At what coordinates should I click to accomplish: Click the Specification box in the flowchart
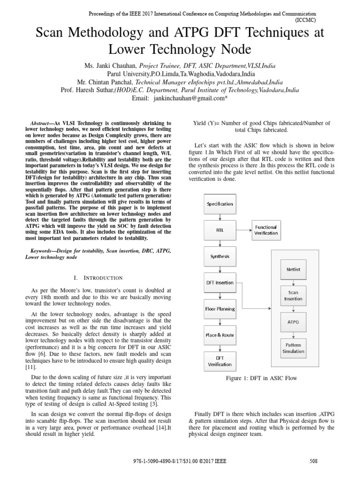(x=220, y=204)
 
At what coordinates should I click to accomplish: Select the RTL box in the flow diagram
(x=220, y=230)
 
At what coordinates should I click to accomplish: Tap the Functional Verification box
(x=266, y=230)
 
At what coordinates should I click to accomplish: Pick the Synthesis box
(x=220, y=256)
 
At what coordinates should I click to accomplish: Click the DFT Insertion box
(x=220, y=283)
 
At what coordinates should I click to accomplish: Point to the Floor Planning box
(x=220, y=309)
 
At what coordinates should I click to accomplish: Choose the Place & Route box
(x=220, y=335)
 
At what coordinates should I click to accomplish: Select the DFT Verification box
(x=220, y=361)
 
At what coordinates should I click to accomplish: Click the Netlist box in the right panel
(x=293, y=270)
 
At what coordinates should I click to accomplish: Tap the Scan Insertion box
(x=293, y=296)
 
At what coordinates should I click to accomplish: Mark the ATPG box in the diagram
(x=293, y=322)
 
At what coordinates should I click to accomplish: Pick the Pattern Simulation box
(x=293, y=348)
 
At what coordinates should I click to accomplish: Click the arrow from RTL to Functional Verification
(x=243, y=230)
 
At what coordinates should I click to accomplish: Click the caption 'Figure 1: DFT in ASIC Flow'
(x=261, y=378)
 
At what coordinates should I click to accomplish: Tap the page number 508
(x=314, y=461)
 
